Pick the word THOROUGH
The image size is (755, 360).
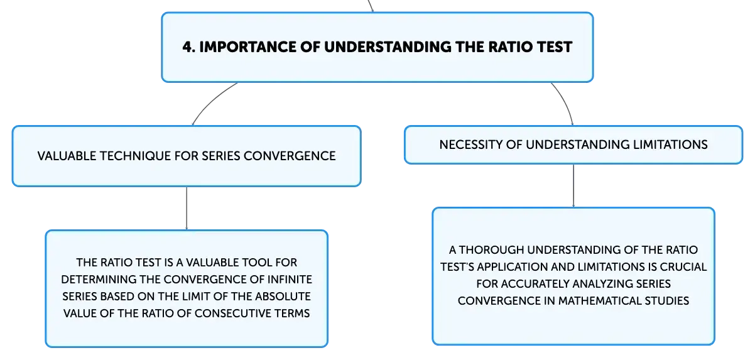click(x=491, y=250)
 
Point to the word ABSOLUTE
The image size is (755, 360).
click(x=283, y=297)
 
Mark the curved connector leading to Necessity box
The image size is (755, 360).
click(x=565, y=101)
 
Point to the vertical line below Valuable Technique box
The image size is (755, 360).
click(x=187, y=208)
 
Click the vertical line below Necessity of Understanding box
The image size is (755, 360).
click(x=573, y=186)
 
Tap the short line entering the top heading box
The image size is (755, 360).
click(x=371, y=6)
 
